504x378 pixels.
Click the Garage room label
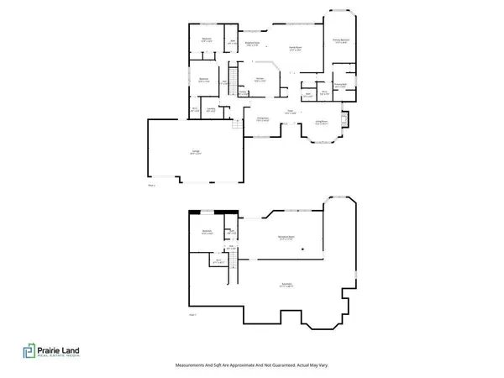click(x=194, y=153)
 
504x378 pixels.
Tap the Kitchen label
click(x=260, y=80)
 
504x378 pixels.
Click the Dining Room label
click(x=262, y=119)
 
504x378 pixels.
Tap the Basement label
click(x=286, y=286)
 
